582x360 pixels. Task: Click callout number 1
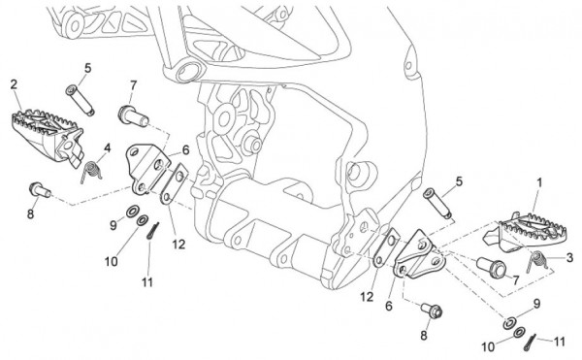[539, 182]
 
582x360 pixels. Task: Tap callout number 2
[14, 84]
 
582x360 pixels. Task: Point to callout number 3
[569, 257]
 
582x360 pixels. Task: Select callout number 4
[108, 148]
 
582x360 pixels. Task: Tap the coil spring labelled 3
[537, 261]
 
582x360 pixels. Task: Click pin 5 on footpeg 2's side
[81, 100]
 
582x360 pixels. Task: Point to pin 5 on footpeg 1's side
[438, 204]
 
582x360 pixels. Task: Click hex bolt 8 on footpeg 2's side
[40, 189]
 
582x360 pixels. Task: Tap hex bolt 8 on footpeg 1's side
[432, 311]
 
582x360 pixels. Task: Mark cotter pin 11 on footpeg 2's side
[152, 231]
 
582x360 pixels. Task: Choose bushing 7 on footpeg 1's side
[492, 267]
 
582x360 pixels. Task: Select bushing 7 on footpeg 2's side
[133, 116]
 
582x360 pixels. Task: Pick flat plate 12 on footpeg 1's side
[386, 247]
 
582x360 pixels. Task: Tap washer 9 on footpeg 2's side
[131, 212]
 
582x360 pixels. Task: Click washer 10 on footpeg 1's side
[520, 332]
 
